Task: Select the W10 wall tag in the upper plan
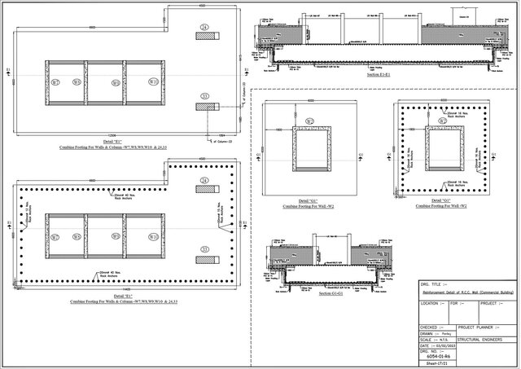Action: click(152, 81)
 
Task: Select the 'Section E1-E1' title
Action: click(379, 74)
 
